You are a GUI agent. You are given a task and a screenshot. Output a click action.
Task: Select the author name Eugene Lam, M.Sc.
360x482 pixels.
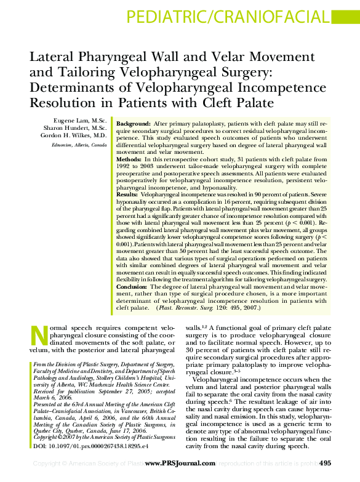pos(80,119)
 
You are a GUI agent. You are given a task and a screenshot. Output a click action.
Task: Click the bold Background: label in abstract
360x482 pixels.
pos(133,124)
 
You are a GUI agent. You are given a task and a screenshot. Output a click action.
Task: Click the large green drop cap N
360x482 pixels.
pos(39,336)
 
